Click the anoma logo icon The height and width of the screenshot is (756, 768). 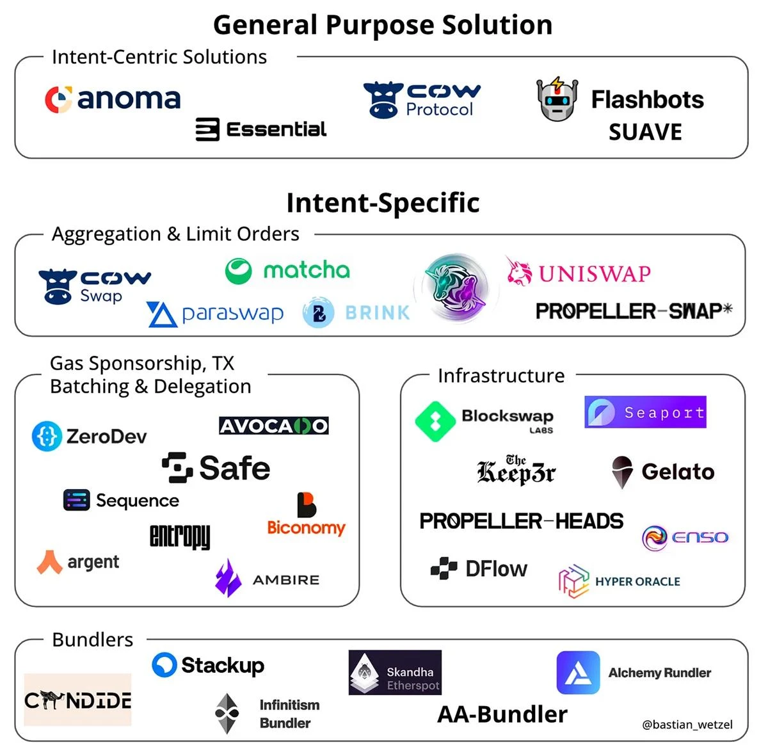pyautogui.click(x=58, y=100)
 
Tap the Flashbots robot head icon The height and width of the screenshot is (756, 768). pyautogui.click(x=557, y=100)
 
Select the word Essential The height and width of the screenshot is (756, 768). pyautogui.click(x=276, y=129)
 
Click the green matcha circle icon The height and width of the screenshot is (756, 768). pyautogui.click(x=238, y=271)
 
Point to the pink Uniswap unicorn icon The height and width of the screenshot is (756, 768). pyautogui.click(x=519, y=272)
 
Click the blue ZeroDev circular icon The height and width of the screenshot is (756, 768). pyautogui.click(x=47, y=436)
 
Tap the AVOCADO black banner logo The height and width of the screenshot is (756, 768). pyautogui.click(x=273, y=426)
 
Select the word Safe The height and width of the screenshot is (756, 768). pyautogui.click(x=234, y=468)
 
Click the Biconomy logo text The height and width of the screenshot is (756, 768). pyautogui.click(x=306, y=527)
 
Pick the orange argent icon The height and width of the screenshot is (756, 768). pyautogui.click(x=49, y=562)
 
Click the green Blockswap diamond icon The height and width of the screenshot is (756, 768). pyautogui.click(x=435, y=421)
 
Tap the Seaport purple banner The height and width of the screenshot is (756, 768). pyautogui.click(x=645, y=412)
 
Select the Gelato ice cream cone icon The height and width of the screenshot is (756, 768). pyautogui.click(x=622, y=472)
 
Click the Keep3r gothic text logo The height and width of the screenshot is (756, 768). pyautogui.click(x=516, y=470)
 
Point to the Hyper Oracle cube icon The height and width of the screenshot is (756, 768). pyautogui.click(x=573, y=581)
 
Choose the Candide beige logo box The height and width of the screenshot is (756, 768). pyautogui.click(x=77, y=700)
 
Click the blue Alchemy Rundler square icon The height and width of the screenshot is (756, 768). pyautogui.click(x=578, y=673)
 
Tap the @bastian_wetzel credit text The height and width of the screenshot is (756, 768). pyautogui.click(x=687, y=725)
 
